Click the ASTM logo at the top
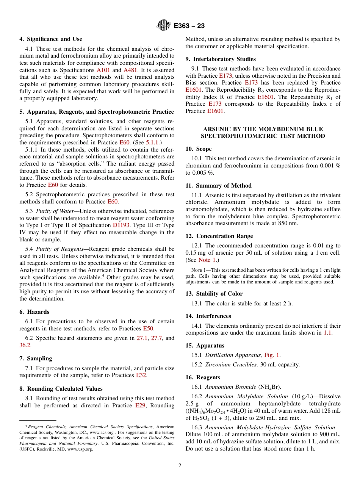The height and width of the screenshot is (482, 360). pos(164,26)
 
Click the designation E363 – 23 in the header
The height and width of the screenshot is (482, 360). pos(189,26)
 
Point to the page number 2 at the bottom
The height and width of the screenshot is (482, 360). pos(180,466)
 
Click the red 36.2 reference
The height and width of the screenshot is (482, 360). pos(25,345)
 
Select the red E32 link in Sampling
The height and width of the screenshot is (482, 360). pos(141,376)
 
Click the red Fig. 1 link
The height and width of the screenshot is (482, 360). pos(272,355)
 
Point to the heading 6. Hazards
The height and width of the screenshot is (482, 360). pos(34,312)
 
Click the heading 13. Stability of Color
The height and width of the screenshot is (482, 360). pos(214,294)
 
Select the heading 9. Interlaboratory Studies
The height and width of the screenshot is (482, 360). pos(221,59)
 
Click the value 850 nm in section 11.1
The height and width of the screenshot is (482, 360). pos(288,223)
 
